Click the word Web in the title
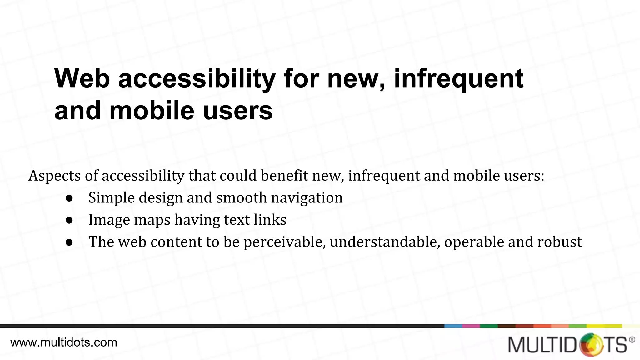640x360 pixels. click(82, 78)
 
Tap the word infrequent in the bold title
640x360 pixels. click(458, 78)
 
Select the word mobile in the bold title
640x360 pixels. click(152, 111)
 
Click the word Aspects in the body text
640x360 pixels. click(55, 176)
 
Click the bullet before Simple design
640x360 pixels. click(69, 198)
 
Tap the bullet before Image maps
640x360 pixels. click(69, 220)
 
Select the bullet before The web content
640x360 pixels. click(69, 242)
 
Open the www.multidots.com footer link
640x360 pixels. click(64, 342)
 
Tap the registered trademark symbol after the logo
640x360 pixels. click(632, 339)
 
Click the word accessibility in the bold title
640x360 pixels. click(197, 79)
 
